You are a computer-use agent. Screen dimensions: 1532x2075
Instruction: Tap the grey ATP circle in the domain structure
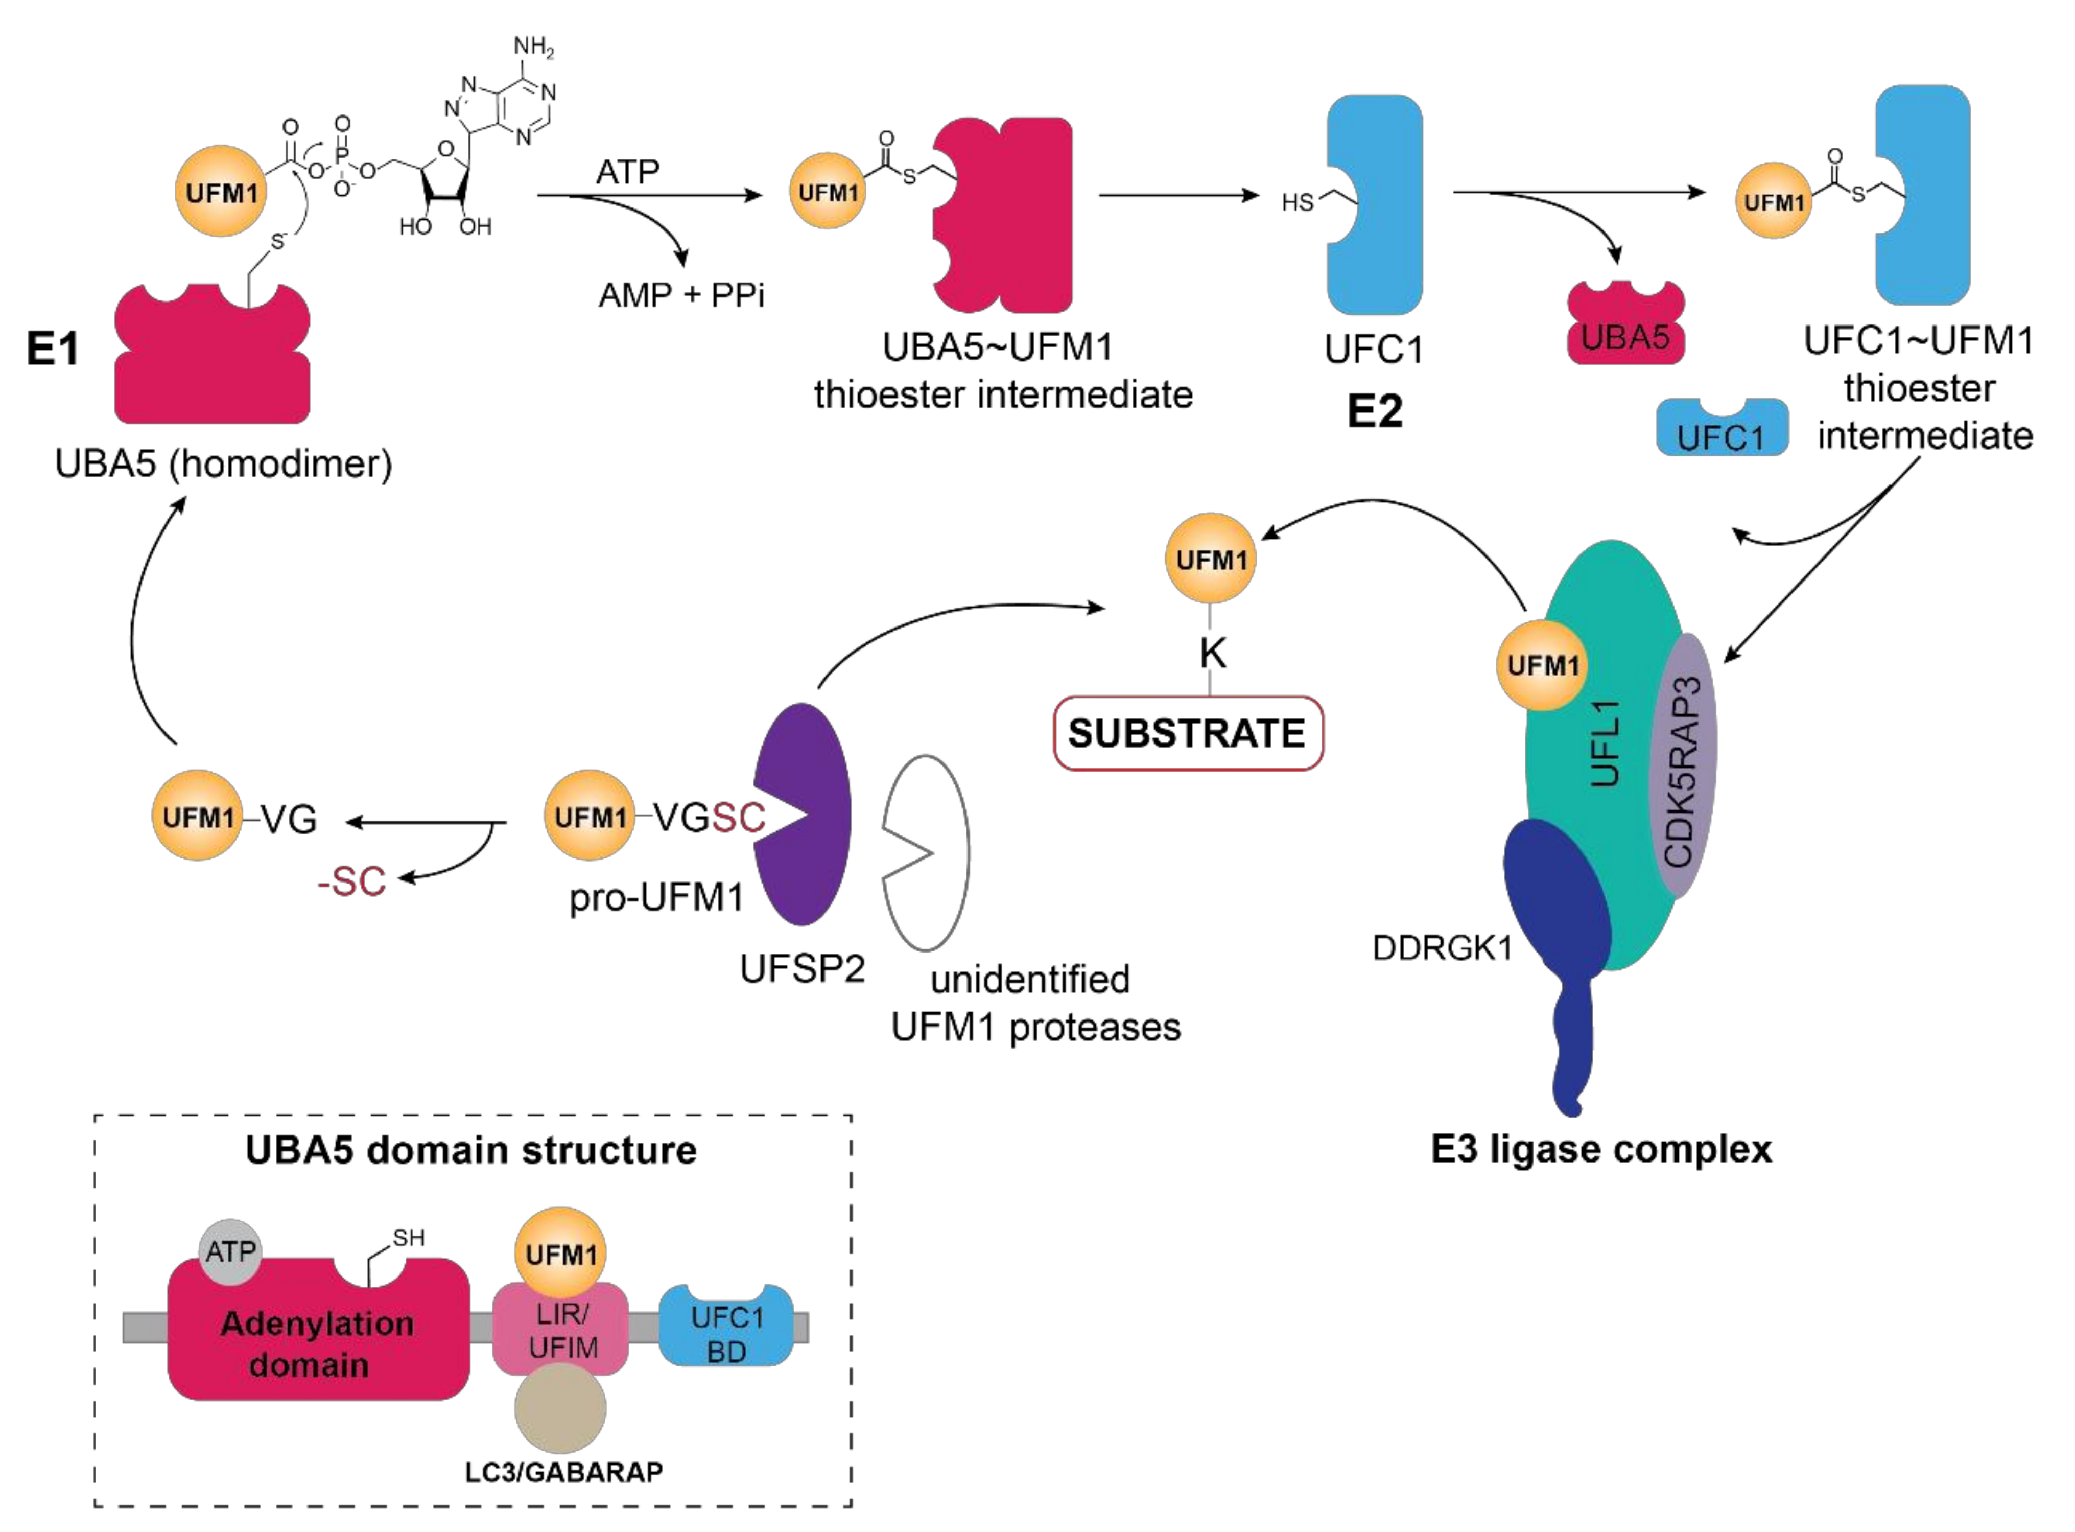230,1252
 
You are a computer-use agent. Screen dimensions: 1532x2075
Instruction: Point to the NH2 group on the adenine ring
533,47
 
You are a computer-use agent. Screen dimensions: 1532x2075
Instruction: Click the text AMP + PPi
681,295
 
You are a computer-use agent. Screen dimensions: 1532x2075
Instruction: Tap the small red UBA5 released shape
1625,327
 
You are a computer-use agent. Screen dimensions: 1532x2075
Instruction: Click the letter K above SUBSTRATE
1212,654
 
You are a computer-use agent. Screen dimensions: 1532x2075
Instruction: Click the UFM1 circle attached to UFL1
1542,665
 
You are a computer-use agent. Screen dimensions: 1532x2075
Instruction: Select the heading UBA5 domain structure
471,1150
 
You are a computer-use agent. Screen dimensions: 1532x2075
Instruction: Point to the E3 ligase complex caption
1601,1149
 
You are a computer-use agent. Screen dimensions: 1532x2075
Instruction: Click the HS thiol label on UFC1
1297,202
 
